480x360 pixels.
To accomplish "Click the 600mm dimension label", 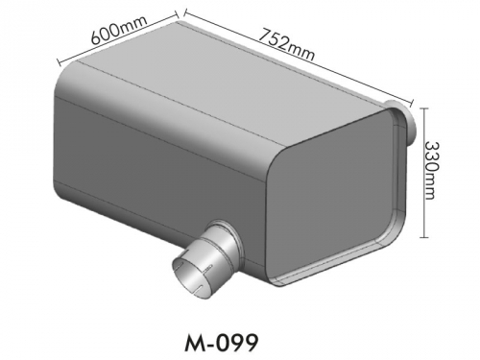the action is point(119,29).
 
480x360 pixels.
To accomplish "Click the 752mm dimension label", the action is point(286,44).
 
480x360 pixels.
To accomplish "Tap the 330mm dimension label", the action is point(431,171).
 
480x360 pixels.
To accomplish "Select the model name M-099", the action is point(221,343).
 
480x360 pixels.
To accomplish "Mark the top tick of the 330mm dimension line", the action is point(424,108).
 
